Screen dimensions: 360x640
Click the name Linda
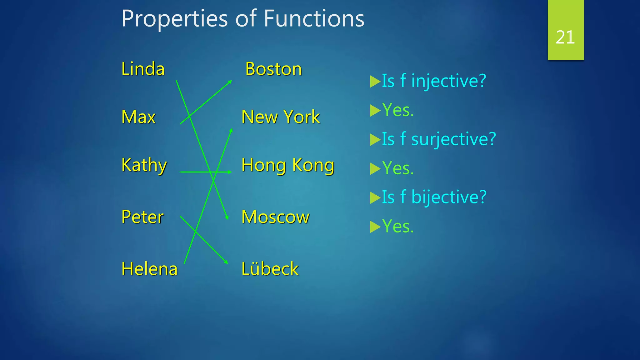(143, 69)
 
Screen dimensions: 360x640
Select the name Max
(138, 117)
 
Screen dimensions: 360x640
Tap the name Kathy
(144, 165)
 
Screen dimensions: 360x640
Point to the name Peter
(142, 217)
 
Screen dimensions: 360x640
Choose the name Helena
(149, 269)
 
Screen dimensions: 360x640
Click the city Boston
(273, 69)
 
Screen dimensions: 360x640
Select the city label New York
(280, 117)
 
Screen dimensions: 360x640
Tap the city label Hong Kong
(288, 165)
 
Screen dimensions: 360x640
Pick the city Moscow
(275, 217)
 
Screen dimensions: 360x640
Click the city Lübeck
(270, 269)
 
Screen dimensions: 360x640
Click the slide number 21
(565, 37)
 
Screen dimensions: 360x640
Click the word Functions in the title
(314, 19)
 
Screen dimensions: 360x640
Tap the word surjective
(453, 139)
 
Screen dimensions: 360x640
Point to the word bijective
(449, 197)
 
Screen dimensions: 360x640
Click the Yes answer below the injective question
(398, 110)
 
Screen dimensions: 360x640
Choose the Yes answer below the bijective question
(398, 226)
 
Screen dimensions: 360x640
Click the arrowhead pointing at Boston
(230, 82)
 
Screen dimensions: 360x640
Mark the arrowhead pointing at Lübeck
(226, 262)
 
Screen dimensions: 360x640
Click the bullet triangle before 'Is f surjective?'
(375, 140)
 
